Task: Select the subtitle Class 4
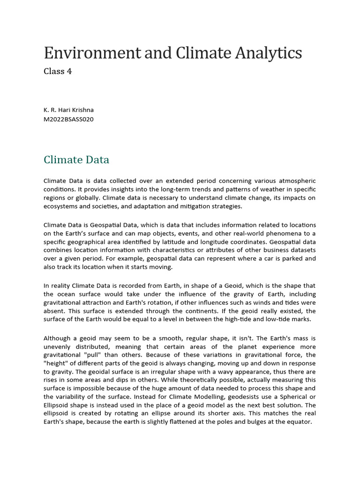coord(58,71)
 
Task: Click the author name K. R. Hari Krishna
coord(68,110)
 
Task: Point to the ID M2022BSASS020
coord(68,119)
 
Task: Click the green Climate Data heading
coord(76,160)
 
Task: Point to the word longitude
coord(243,242)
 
